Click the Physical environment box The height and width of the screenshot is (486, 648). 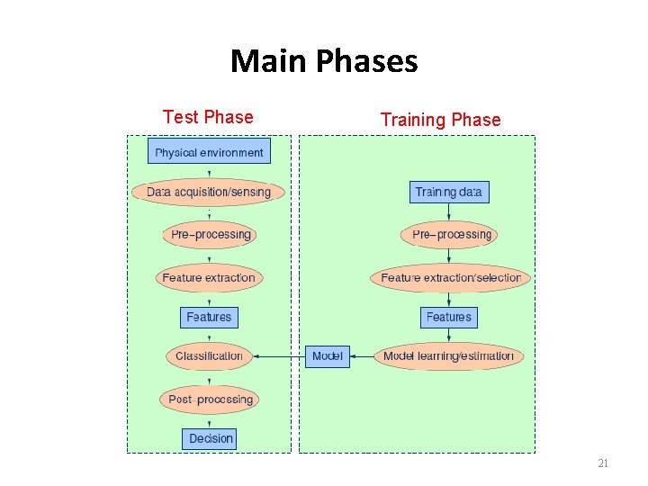click(x=209, y=152)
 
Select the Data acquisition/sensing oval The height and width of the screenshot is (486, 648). click(x=209, y=192)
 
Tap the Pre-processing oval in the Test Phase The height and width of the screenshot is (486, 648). click(x=211, y=235)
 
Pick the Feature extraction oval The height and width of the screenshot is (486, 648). click(x=209, y=277)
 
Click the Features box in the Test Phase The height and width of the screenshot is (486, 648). click(x=209, y=317)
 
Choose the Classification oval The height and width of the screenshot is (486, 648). click(x=209, y=355)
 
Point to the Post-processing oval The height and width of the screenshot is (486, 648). click(x=210, y=399)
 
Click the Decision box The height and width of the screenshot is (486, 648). click(x=211, y=438)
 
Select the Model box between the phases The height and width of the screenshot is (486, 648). click(x=327, y=355)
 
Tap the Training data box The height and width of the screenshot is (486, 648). click(x=448, y=192)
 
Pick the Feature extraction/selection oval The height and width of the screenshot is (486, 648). click(x=450, y=277)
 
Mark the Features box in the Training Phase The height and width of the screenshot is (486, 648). click(x=448, y=317)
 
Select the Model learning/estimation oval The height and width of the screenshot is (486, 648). click(x=448, y=355)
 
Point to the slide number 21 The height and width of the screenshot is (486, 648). click(x=603, y=463)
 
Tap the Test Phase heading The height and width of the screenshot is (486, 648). click(x=208, y=117)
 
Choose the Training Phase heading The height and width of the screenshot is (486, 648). click(x=440, y=120)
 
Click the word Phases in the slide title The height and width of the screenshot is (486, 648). click(x=368, y=61)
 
